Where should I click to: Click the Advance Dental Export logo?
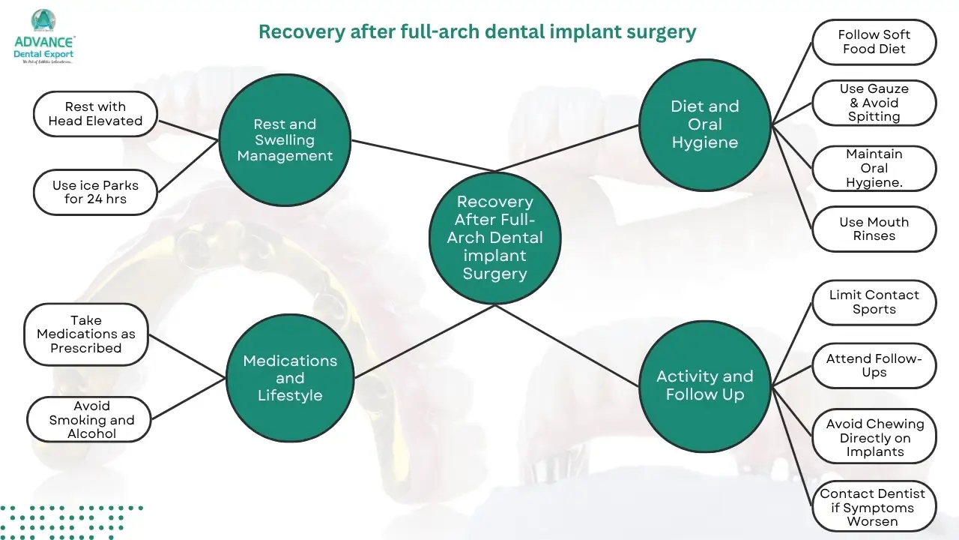pyautogui.click(x=44, y=37)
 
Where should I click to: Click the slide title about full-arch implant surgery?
pyautogui.click(x=477, y=32)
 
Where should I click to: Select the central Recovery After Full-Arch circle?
pyautogui.click(x=494, y=238)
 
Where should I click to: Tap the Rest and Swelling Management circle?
pyautogui.click(x=285, y=140)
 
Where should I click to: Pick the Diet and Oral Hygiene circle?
pyautogui.click(x=704, y=124)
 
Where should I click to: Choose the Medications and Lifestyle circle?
pyautogui.click(x=290, y=378)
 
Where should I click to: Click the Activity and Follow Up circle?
pyautogui.click(x=704, y=385)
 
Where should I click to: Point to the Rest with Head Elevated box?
pyautogui.click(x=95, y=114)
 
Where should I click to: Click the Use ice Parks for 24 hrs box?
pyautogui.click(x=95, y=192)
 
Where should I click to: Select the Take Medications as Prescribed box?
pyautogui.click(x=86, y=334)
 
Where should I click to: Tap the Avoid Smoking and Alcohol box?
pyautogui.click(x=89, y=419)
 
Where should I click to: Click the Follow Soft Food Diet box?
pyautogui.click(x=874, y=42)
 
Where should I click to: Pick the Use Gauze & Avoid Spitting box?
pyautogui.click(x=874, y=103)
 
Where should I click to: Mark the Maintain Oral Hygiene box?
pyautogui.click(x=874, y=168)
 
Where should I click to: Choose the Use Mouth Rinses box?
pyautogui.click(x=874, y=229)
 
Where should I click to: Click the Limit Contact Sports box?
pyautogui.click(x=874, y=302)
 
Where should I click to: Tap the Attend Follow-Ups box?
pyautogui.click(x=874, y=366)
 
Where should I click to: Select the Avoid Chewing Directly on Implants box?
pyautogui.click(x=874, y=437)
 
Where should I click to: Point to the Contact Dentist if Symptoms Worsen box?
pyautogui.click(x=874, y=507)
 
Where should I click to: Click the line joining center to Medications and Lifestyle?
pyautogui.click(x=423, y=340)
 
